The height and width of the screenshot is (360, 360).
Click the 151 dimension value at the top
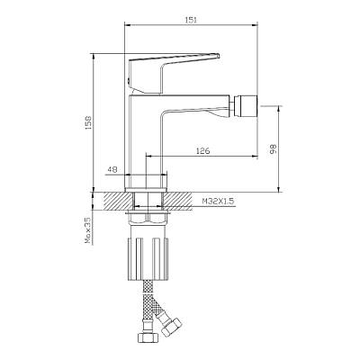coord(191,20)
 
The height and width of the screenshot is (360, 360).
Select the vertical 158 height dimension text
coord(89,123)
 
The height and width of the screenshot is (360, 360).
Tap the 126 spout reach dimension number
coord(202,151)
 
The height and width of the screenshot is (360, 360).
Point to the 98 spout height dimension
coord(273,148)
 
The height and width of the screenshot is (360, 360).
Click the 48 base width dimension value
coord(112,170)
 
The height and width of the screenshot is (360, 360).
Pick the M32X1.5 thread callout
coord(218,201)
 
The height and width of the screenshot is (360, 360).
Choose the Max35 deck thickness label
coord(87,230)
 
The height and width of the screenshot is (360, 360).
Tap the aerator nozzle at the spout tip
coord(245,105)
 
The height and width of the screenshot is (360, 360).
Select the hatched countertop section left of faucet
coord(118,201)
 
